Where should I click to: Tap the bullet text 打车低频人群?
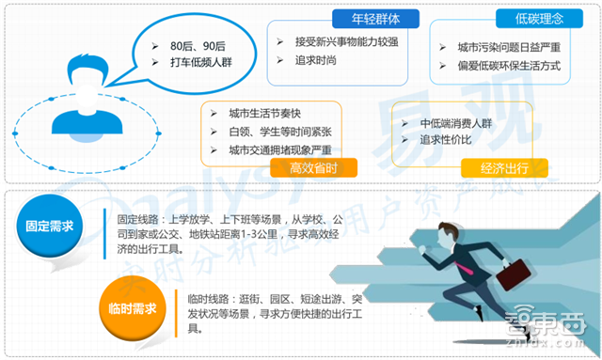tap(200, 63)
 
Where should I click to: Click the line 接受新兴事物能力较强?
tap(345, 41)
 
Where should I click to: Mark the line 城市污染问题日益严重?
tap(509, 47)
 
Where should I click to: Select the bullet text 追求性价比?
tap(448, 139)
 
